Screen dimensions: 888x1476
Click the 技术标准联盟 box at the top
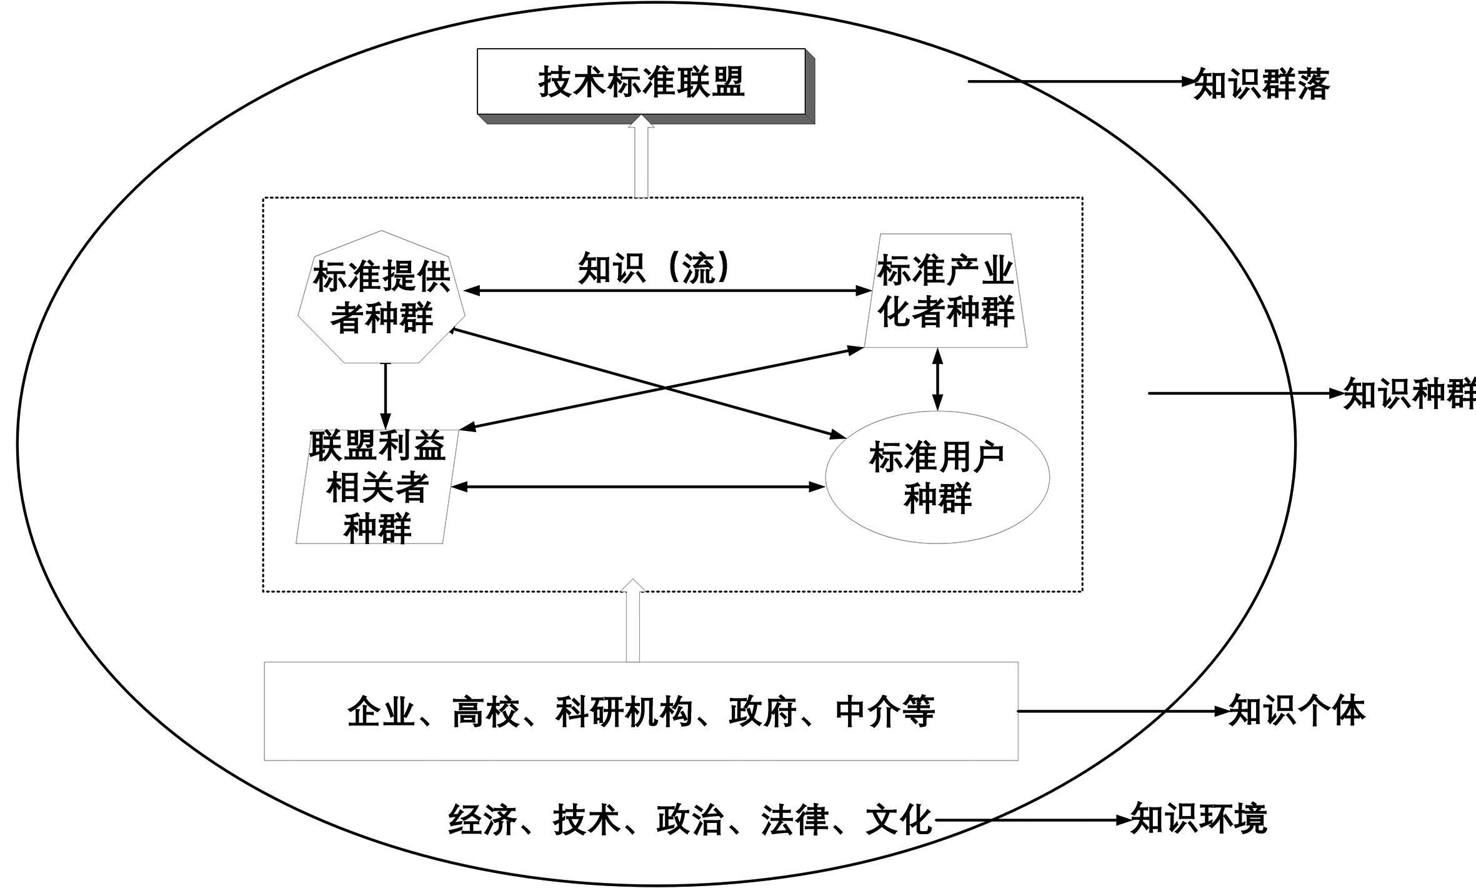pyautogui.click(x=641, y=82)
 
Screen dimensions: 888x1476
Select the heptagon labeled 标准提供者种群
pyautogui.click(x=381, y=296)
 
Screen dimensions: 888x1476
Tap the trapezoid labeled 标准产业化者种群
pyautogui.click(x=945, y=291)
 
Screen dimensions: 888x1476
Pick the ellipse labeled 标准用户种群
pyautogui.click(x=937, y=477)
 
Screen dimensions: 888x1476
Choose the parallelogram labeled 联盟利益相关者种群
pyautogui.click(x=377, y=487)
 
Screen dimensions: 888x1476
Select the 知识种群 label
pyautogui.click(x=1409, y=395)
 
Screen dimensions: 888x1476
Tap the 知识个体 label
pyautogui.click(x=1297, y=711)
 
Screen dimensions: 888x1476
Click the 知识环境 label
pyautogui.click(x=1199, y=819)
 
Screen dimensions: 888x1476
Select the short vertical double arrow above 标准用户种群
pyautogui.click(x=937, y=380)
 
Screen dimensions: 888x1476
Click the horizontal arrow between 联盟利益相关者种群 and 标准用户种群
pyautogui.click(x=638, y=487)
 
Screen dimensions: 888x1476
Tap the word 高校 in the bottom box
pyautogui.click(x=486, y=712)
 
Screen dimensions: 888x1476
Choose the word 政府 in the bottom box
pyautogui.click(x=762, y=712)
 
